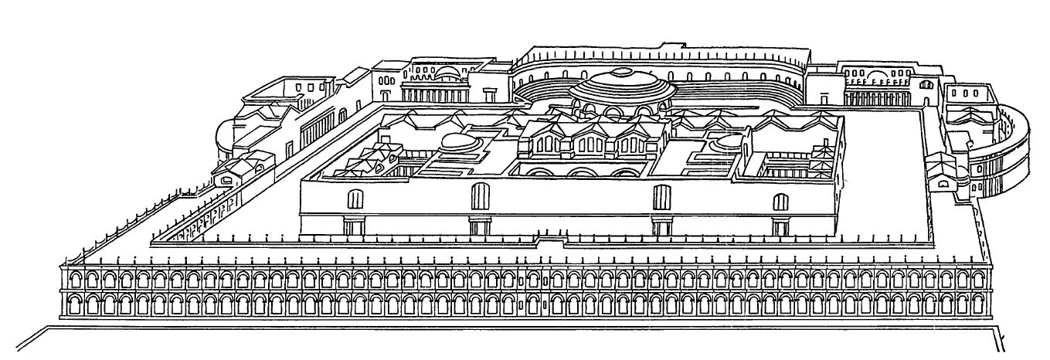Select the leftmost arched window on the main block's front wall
pos(355,199)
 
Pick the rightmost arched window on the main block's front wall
pos(781,202)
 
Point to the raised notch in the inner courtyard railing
pos(550,241)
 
